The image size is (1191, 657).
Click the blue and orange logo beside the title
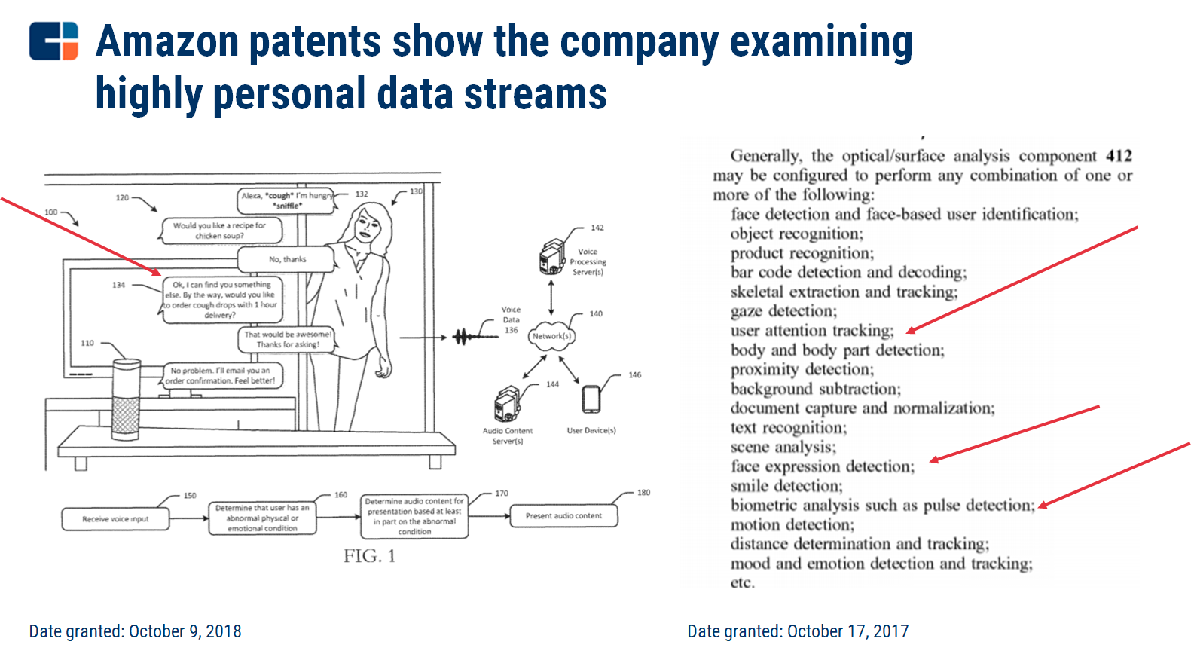coord(53,41)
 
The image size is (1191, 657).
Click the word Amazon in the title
coord(167,41)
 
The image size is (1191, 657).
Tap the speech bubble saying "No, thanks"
coord(287,260)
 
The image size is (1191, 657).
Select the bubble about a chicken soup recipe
coord(220,231)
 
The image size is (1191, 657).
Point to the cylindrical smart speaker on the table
coord(126,399)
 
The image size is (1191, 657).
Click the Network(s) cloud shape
coord(552,336)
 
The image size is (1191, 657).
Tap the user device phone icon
coord(591,399)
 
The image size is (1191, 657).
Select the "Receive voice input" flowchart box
coord(115,518)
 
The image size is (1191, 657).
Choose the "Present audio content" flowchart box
coord(563,516)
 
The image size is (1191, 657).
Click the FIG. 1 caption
coord(369,557)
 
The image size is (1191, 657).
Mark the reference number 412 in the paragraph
coord(1119,156)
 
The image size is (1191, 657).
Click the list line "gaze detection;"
coord(783,311)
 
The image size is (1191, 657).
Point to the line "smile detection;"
coord(786,486)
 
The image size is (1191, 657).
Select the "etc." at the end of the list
coord(742,583)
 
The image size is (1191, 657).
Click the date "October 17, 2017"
coord(848,631)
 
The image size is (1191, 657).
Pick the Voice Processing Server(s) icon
coord(552,256)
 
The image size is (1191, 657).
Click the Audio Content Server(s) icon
coord(507,405)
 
